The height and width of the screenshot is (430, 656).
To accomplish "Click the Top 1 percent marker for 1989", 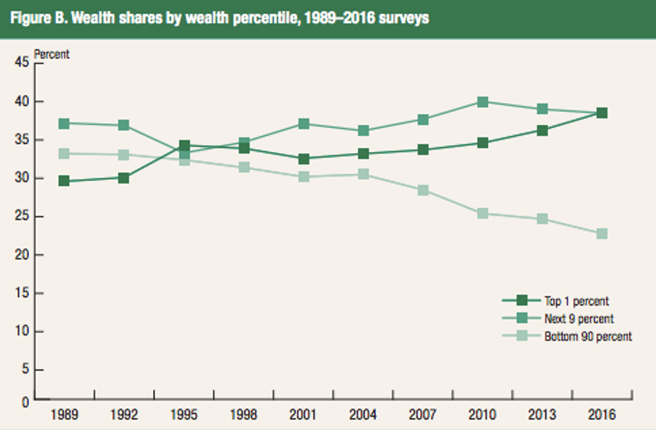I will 64,181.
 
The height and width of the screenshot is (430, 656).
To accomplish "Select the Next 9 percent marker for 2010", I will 483,102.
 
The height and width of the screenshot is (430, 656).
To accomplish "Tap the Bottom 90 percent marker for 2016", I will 602,233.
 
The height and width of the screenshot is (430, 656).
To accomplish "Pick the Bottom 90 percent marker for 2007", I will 423,190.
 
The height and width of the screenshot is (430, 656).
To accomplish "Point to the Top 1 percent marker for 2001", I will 303,159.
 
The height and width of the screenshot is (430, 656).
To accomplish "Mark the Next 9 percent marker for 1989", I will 64,124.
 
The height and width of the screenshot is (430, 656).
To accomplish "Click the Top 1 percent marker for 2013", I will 542,130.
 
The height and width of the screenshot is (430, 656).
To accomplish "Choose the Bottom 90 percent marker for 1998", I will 244,167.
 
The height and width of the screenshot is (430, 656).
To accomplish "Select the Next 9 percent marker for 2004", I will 363,130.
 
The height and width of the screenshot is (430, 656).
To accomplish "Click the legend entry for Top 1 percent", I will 577,301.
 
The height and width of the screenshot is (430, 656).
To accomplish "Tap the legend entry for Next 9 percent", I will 579,319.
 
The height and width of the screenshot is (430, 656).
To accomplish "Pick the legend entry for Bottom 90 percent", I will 588,337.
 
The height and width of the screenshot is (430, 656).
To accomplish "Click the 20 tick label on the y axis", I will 21,255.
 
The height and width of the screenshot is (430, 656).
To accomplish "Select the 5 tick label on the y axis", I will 24,370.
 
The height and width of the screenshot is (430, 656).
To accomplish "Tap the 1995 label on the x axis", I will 183,415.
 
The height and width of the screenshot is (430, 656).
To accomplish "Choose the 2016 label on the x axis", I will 602,415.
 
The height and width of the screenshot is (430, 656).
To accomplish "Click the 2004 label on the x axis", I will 363,415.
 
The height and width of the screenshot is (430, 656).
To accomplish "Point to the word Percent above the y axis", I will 51,53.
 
